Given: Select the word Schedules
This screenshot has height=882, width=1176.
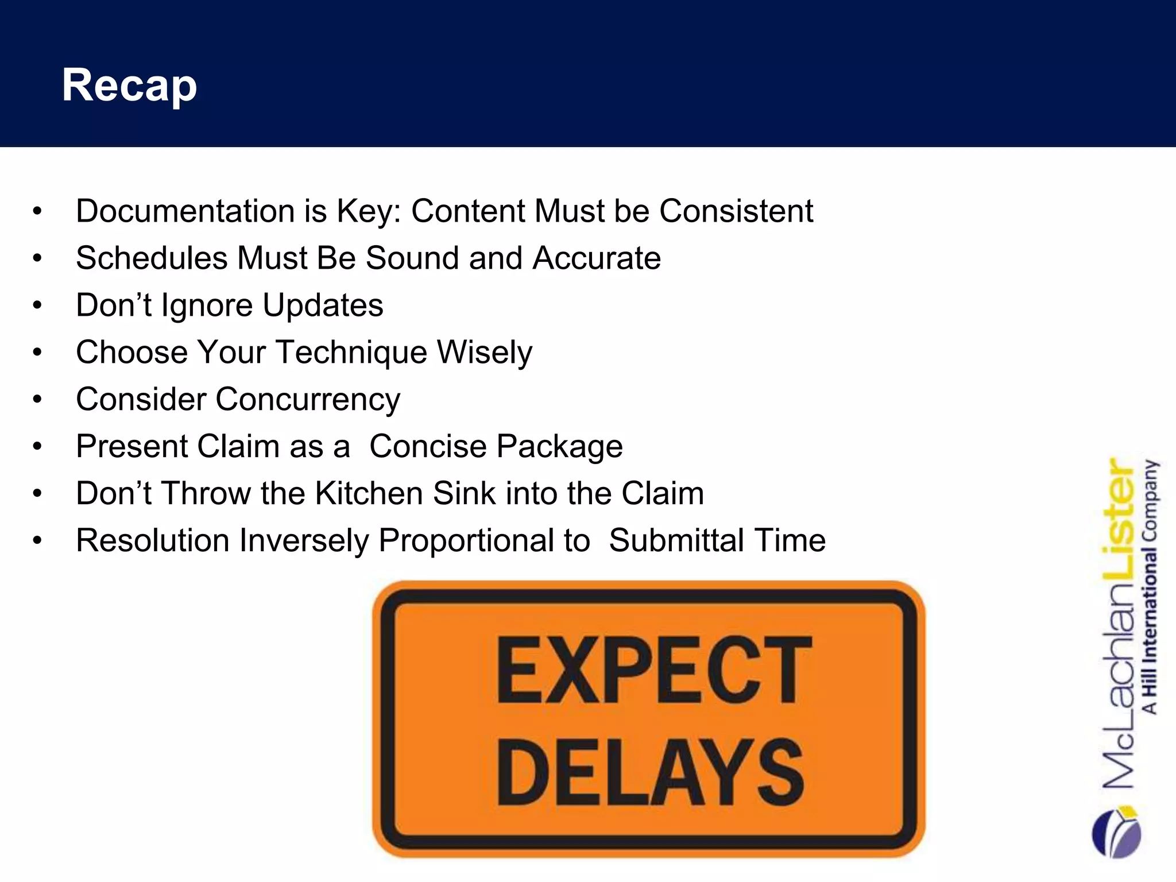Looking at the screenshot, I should [x=152, y=258].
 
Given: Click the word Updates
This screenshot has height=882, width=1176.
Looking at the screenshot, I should [x=323, y=305].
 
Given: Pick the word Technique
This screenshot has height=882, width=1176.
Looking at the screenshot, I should [x=351, y=352].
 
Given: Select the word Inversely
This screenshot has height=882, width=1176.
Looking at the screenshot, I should [x=304, y=540].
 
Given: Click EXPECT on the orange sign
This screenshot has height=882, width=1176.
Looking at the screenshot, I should [x=653, y=670].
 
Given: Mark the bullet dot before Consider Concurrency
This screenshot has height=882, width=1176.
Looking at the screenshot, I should [x=37, y=400].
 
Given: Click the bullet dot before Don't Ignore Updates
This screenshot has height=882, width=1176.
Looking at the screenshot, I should [x=37, y=305].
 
